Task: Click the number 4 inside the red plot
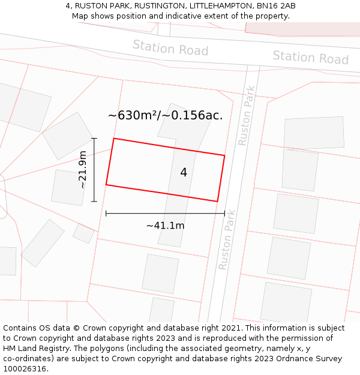click(x=184, y=173)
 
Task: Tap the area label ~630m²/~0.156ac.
click(x=165, y=116)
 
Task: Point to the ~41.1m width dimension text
click(x=165, y=226)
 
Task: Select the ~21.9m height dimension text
click(x=83, y=170)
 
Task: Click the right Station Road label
click(x=310, y=57)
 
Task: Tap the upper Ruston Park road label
click(x=246, y=116)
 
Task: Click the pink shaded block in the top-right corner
click(x=303, y=28)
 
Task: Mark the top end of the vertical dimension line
click(x=94, y=139)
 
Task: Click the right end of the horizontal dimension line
click(x=224, y=213)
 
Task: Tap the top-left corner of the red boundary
click(x=114, y=139)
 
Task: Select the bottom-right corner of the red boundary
click(x=217, y=202)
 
